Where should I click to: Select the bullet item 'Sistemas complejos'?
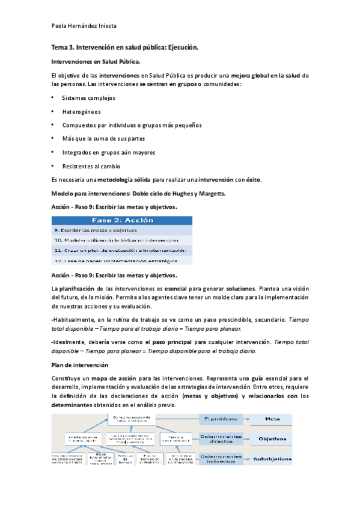click(x=88, y=97)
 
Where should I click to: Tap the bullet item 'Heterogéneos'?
click(x=81, y=111)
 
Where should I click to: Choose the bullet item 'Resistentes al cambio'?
click(x=91, y=166)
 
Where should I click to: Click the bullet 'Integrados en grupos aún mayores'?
click(x=108, y=152)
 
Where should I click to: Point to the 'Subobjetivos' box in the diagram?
click(x=272, y=460)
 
